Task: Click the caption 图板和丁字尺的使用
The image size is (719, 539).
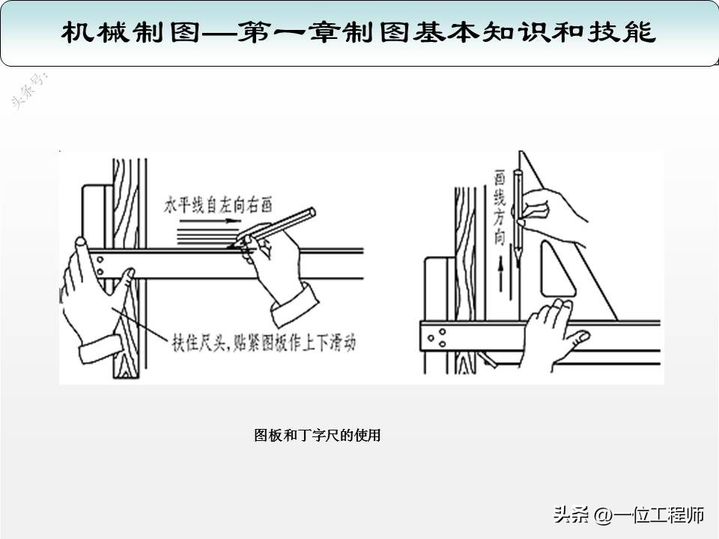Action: coord(318,435)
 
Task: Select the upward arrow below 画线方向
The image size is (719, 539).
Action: coord(500,283)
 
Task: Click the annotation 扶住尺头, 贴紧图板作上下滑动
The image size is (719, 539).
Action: coord(259,343)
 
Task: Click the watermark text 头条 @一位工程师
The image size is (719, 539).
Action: coord(628,515)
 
